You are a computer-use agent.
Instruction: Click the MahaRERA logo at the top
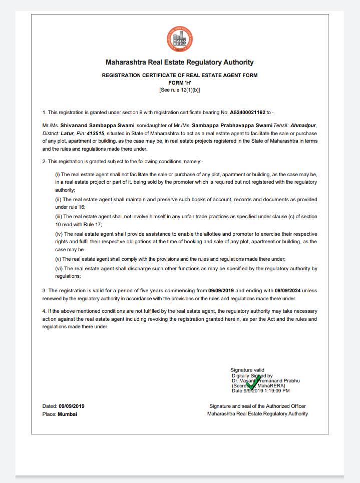pyautogui.click(x=180, y=40)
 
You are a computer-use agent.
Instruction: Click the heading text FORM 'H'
pyautogui.click(x=180, y=83)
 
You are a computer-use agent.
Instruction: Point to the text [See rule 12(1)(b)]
pyautogui.click(x=180, y=90)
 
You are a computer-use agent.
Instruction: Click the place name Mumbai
pyautogui.click(x=68, y=414)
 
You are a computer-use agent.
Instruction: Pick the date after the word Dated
pyautogui.click(x=72, y=406)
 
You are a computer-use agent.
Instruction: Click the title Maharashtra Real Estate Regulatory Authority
pyautogui.click(x=180, y=63)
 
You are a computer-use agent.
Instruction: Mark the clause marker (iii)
pyautogui.click(x=58, y=217)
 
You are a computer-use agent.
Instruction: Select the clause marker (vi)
pyautogui.click(x=58, y=268)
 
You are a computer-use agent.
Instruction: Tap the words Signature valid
pyautogui.click(x=247, y=370)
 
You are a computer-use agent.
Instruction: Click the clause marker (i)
pyautogui.click(x=57, y=174)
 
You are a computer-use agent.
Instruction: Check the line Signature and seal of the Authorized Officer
pyautogui.click(x=257, y=406)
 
